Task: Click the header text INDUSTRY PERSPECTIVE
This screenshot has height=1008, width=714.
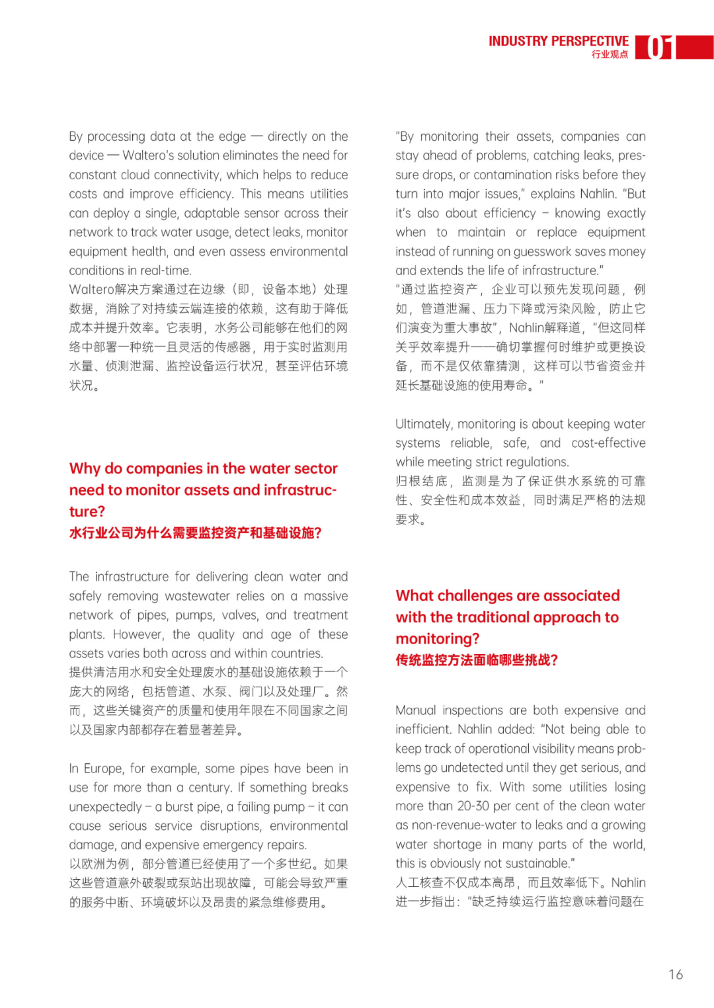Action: [558, 41]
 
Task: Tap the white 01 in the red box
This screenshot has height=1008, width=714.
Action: [659, 48]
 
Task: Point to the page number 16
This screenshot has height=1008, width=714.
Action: [675, 974]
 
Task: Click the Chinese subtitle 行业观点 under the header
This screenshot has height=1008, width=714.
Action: [610, 55]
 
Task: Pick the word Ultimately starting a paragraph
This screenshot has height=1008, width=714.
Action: [424, 424]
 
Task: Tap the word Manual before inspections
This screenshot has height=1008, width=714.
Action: [416, 710]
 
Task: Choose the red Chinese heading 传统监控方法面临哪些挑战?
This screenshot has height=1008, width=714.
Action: [477, 660]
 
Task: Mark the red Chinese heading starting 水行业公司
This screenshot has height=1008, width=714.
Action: [195, 533]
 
